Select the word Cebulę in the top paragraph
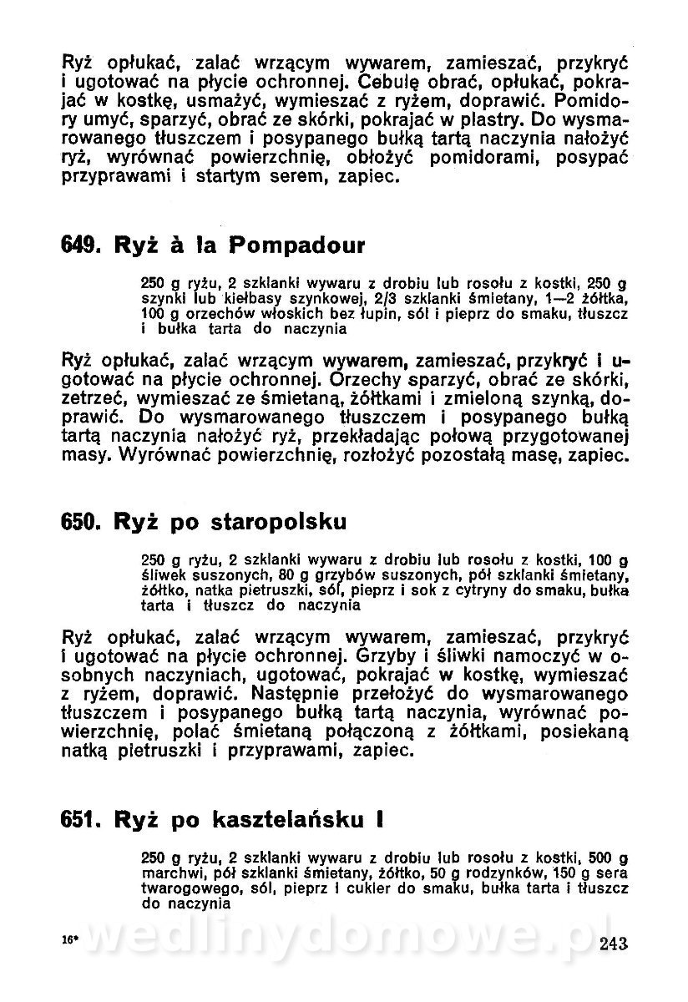395,83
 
